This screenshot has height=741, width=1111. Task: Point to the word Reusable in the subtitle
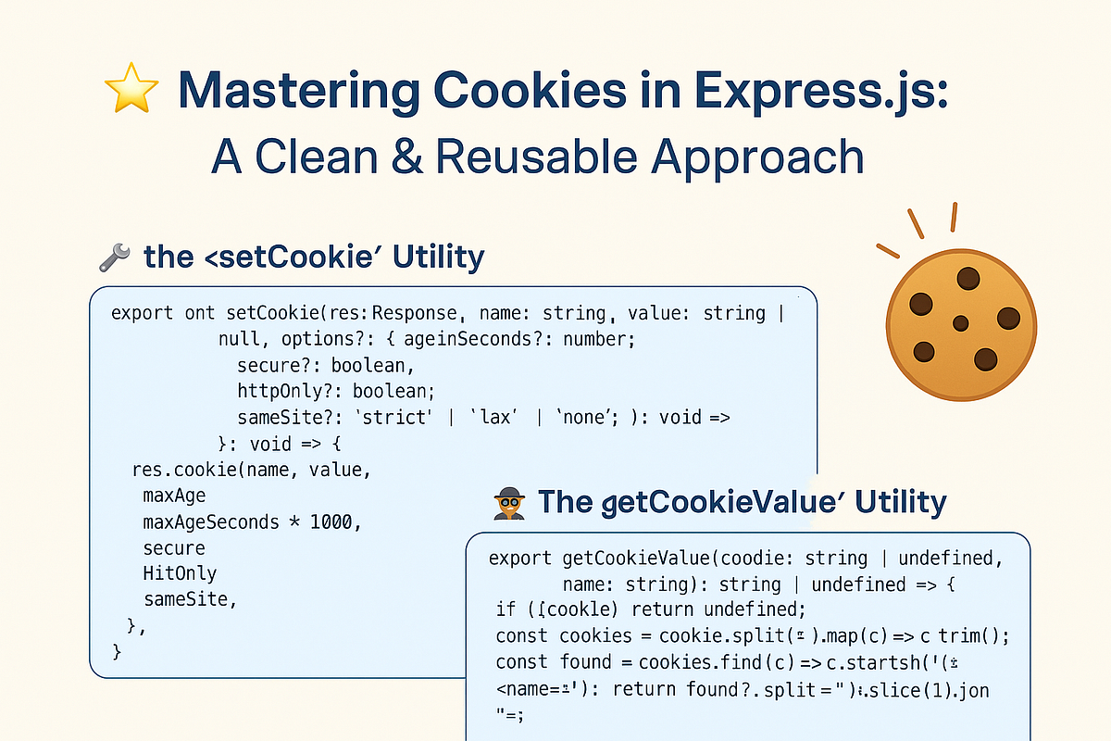(536, 156)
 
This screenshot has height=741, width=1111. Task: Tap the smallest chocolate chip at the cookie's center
(960, 322)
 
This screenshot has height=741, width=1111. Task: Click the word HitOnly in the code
(180, 573)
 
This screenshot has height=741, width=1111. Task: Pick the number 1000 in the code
(331, 521)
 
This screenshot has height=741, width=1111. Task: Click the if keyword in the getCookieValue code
(506, 610)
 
